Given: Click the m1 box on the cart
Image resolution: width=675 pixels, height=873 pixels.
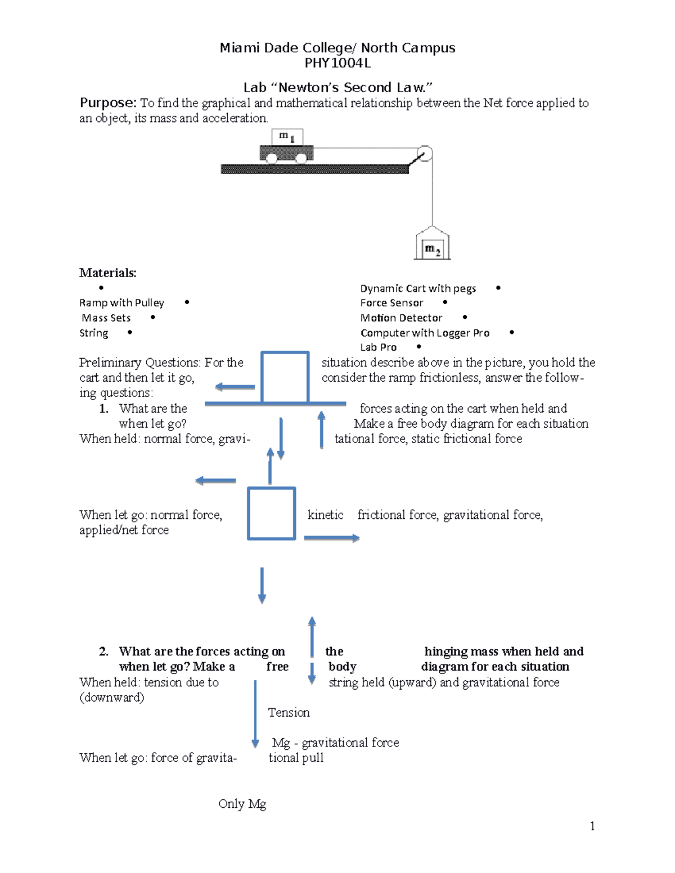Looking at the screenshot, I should pyautogui.click(x=287, y=137).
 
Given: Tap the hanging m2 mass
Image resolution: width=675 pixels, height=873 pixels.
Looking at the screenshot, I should pyautogui.click(x=432, y=247).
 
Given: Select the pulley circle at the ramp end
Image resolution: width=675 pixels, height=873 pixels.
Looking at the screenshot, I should pyautogui.click(x=425, y=153).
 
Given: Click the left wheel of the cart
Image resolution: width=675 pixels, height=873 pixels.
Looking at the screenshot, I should pyautogui.click(x=272, y=158).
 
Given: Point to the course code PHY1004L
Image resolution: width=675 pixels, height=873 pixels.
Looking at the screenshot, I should pyautogui.click(x=337, y=63).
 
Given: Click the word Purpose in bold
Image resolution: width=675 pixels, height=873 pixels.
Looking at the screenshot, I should pyautogui.click(x=107, y=103).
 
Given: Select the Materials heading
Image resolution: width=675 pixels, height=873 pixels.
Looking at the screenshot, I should pyautogui.click(x=107, y=273).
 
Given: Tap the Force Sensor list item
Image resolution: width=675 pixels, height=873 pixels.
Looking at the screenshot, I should pyautogui.click(x=391, y=303).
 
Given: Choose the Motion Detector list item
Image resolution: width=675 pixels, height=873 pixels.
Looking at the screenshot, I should pyautogui.click(x=401, y=318).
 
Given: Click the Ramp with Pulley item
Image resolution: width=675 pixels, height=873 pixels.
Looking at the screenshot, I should pyautogui.click(x=121, y=303).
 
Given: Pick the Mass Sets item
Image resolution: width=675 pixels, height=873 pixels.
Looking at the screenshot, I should pyautogui.click(x=106, y=318).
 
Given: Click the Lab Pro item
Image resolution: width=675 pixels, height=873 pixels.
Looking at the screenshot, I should pyautogui.click(x=378, y=347).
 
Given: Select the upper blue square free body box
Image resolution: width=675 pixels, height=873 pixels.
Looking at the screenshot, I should pyautogui.click(x=285, y=377).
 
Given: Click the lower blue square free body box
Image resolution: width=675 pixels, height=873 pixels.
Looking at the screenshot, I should pyautogui.click(x=272, y=514).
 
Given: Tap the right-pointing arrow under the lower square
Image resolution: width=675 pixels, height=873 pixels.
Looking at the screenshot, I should pyautogui.click(x=331, y=539).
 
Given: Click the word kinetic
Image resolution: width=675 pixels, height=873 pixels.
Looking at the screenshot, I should pyautogui.click(x=325, y=515).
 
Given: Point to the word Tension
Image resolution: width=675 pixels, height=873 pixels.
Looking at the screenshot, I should pyautogui.click(x=289, y=713).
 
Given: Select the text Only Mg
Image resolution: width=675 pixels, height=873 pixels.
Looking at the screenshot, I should pyautogui.click(x=242, y=804).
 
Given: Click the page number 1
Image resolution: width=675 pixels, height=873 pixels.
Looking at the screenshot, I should pyautogui.click(x=592, y=826).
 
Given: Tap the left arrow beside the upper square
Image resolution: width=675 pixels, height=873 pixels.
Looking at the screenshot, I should pyautogui.click(x=235, y=387).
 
